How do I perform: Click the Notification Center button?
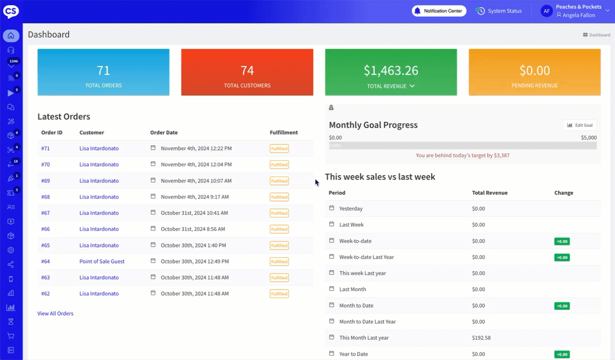click(x=439, y=11)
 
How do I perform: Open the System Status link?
click(x=499, y=11)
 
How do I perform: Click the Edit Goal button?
click(x=580, y=125)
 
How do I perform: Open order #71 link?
click(x=46, y=148)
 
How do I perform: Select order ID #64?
click(x=46, y=262)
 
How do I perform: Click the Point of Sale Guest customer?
click(x=102, y=262)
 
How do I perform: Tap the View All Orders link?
click(x=55, y=313)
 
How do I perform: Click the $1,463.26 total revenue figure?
click(x=390, y=71)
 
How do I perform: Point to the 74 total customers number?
click(x=247, y=71)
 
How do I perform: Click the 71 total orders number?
click(x=104, y=71)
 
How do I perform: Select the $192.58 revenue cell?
click(x=481, y=338)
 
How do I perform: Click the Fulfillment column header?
click(x=284, y=132)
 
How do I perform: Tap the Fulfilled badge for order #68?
click(x=279, y=197)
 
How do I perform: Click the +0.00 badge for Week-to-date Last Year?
click(x=562, y=257)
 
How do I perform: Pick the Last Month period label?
click(x=353, y=289)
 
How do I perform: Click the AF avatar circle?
click(x=546, y=11)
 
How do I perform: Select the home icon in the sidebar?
click(x=11, y=36)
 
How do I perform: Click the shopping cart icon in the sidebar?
click(x=11, y=336)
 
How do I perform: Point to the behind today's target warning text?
click(x=462, y=156)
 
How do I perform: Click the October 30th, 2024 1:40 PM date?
click(x=193, y=245)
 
